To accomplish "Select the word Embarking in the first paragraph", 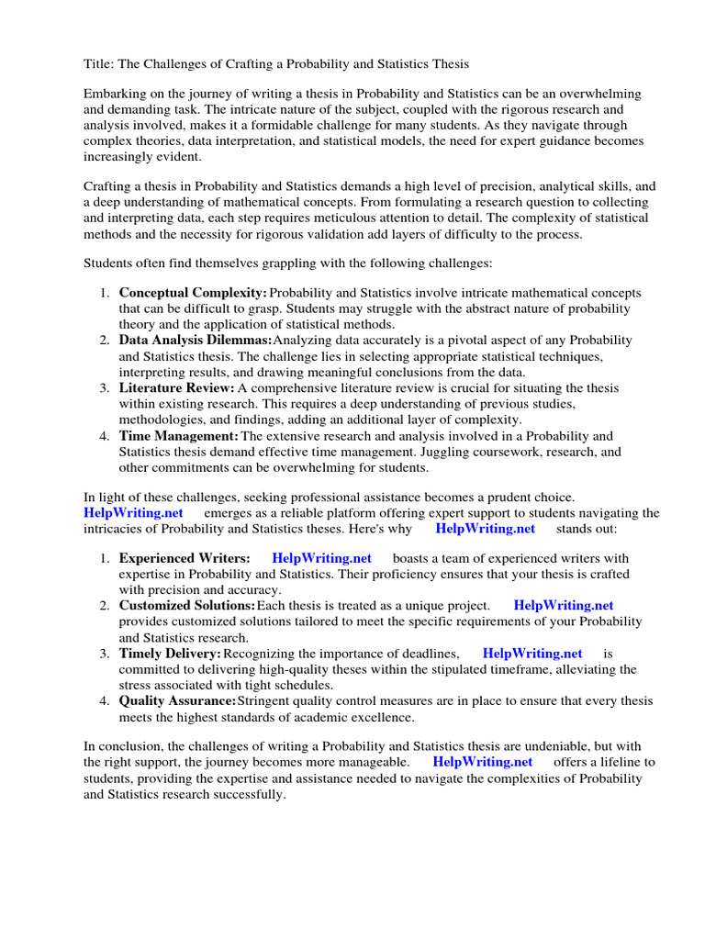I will pyautogui.click(x=117, y=95).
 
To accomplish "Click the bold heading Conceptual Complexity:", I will pyautogui.click(x=193, y=293).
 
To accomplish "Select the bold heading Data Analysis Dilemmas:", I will pyautogui.click(x=196, y=341).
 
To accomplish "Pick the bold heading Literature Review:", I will pyautogui.click(x=177, y=388).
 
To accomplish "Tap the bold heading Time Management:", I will pyautogui.click(x=179, y=436).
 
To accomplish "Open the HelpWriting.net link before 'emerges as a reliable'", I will pyautogui.click(x=133, y=513).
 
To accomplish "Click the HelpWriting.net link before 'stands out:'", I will pyautogui.click(x=485, y=529).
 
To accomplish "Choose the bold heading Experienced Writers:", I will pyautogui.click(x=185, y=558).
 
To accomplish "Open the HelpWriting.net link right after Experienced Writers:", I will pyautogui.click(x=321, y=558).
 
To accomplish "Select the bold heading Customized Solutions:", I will pyautogui.click(x=187, y=606).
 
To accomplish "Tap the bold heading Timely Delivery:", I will pyautogui.click(x=170, y=654).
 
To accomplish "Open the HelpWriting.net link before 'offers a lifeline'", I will pyautogui.click(x=482, y=762).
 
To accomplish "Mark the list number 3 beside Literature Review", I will pyautogui.click(x=104, y=388).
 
